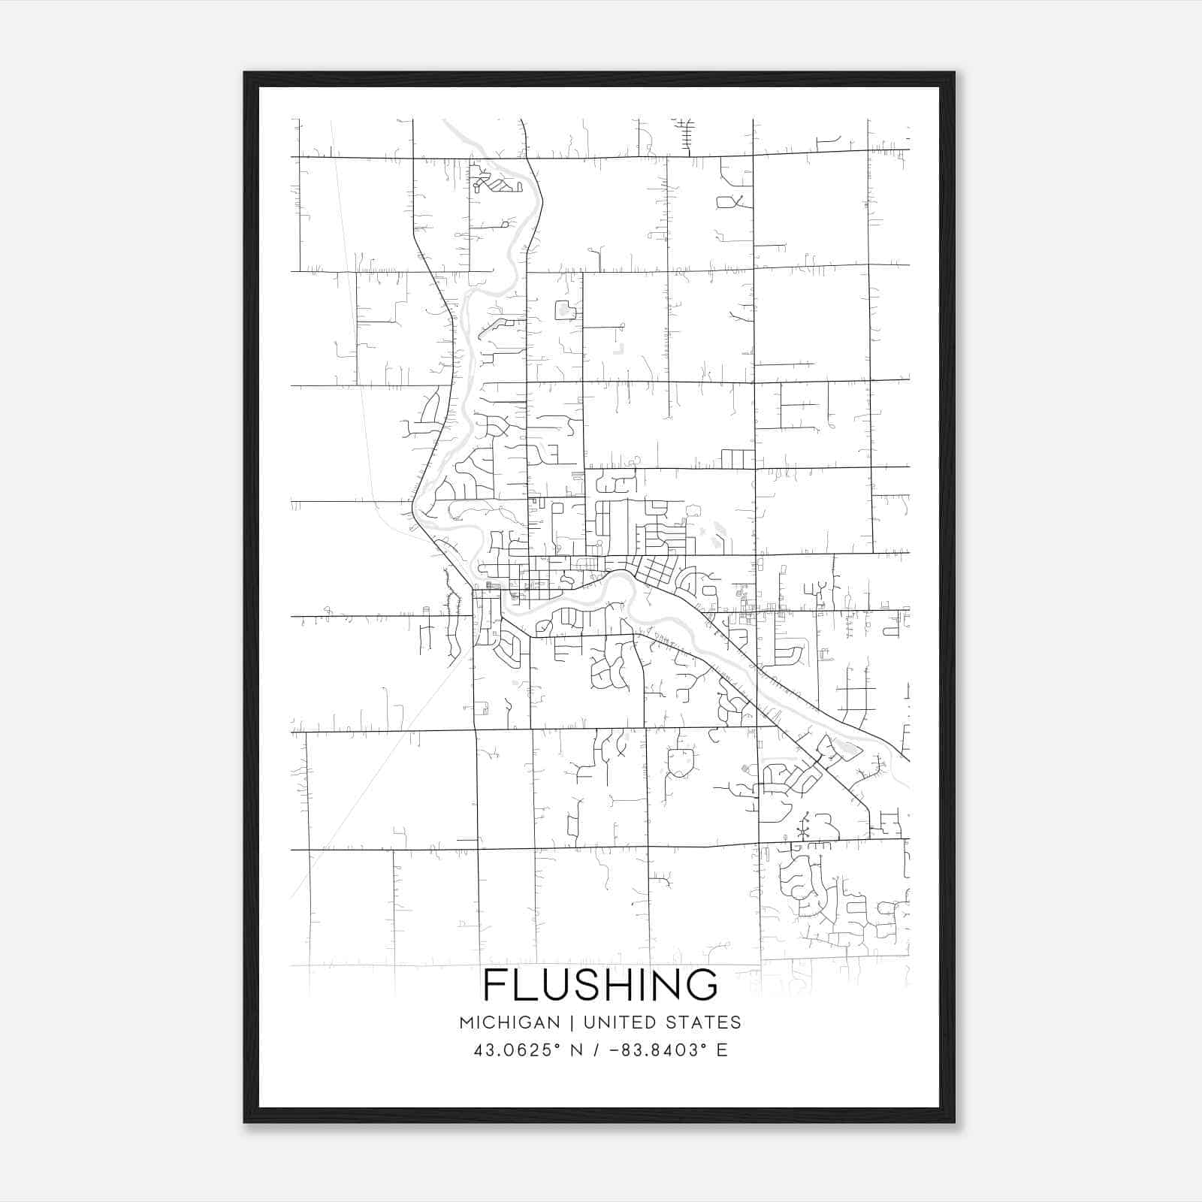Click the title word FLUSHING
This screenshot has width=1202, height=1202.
[600, 985]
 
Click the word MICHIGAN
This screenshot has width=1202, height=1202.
[509, 1022]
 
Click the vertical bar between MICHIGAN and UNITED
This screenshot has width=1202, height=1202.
[572, 1022]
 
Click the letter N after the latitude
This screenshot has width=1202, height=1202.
[577, 1049]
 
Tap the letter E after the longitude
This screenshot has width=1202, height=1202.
[722, 1049]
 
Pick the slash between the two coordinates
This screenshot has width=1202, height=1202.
[595, 1049]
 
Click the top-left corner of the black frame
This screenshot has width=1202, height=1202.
[245, 73]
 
